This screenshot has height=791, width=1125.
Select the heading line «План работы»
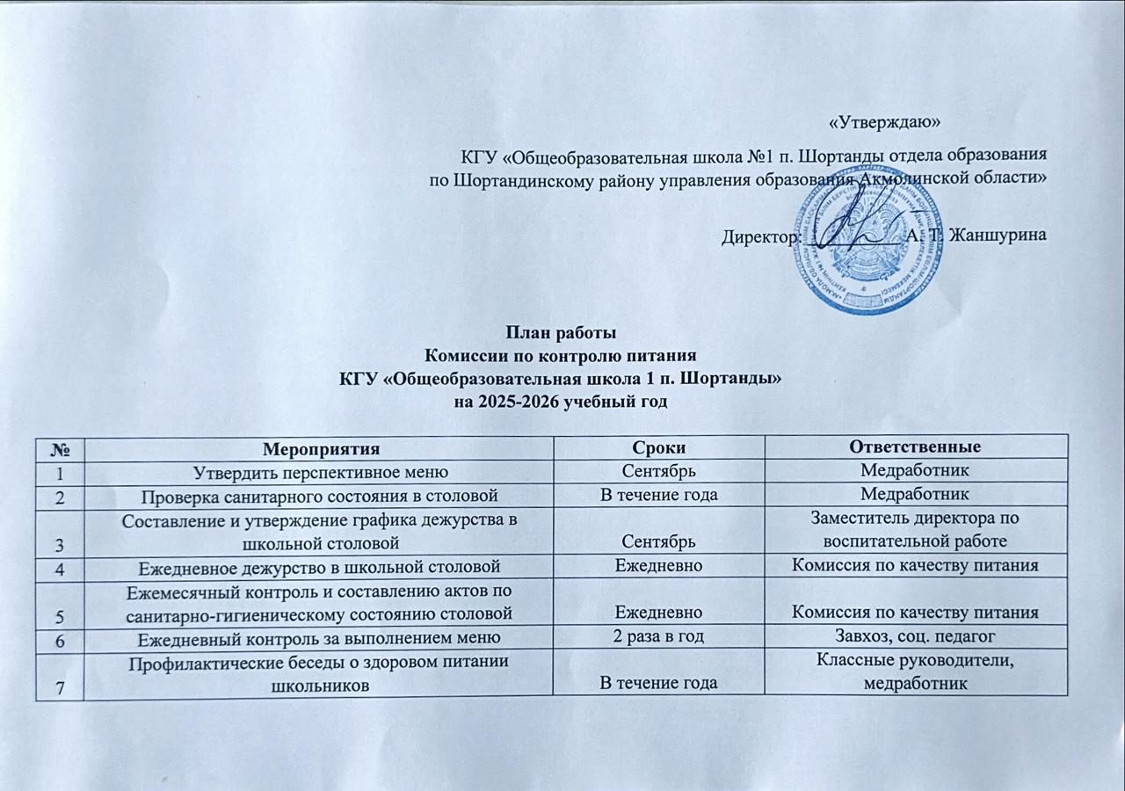pyautogui.click(x=560, y=333)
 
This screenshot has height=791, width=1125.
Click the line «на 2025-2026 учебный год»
pyautogui.click(x=560, y=403)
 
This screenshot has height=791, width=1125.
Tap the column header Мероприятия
pyautogui.click(x=319, y=448)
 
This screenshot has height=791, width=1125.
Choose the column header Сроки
pyautogui.click(x=658, y=447)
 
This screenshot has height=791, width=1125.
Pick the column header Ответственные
pyautogui.click(x=915, y=447)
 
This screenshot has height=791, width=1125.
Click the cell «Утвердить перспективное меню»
pyautogui.click(x=319, y=471)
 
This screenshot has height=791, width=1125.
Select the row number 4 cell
pyautogui.click(x=59, y=567)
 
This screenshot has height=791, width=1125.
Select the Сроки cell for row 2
pyautogui.click(x=658, y=495)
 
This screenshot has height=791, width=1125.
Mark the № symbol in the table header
pyautogui.click(x=59, y=448)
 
